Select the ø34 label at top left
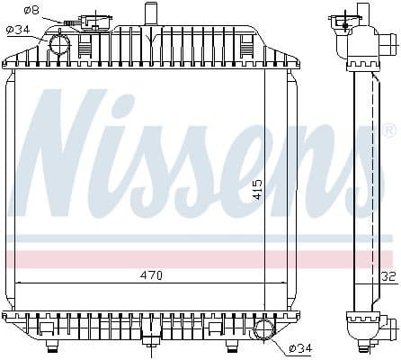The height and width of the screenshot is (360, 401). [19, 29]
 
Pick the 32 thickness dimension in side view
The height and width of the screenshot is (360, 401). [388, 277]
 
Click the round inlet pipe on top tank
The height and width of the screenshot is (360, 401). [60, 42]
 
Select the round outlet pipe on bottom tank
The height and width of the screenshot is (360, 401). [263, 330]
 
